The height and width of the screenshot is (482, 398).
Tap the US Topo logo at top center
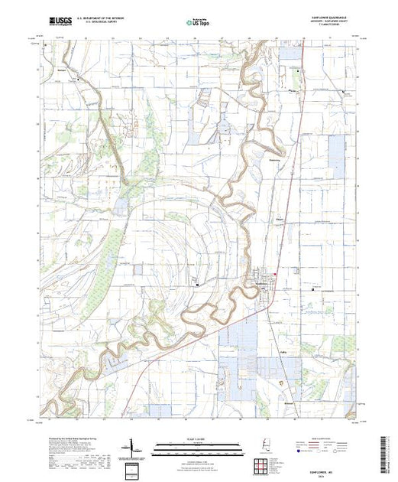coord(198,22)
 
